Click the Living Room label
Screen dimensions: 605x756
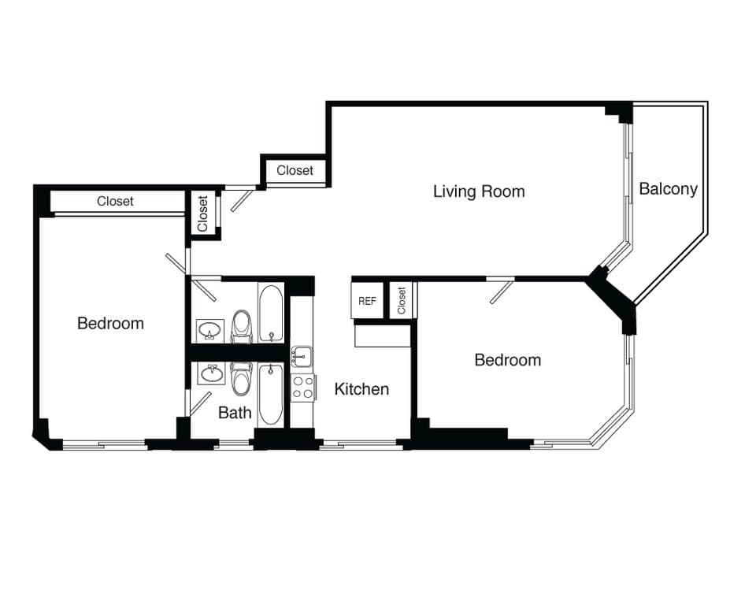coord(479,191)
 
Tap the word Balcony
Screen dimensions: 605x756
coord(668,189)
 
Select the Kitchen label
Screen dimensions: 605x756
coord(361,389)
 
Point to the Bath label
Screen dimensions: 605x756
coord(235,412)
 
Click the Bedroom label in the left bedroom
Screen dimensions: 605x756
coord(110,323)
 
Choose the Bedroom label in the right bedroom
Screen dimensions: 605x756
coord(507,360)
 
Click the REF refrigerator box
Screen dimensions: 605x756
coord(367,302)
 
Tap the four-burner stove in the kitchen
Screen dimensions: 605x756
coord(303,387)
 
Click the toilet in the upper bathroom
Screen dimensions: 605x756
coord(241,326)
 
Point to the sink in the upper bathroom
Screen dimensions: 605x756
coord(209,329)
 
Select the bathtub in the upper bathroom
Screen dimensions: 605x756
coord(270,314)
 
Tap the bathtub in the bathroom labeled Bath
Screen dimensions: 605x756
coord(270,393)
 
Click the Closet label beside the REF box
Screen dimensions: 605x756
coord(402,301)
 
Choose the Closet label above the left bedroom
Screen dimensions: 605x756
coord(115,202)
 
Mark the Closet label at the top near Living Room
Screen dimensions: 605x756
coord(295,170)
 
